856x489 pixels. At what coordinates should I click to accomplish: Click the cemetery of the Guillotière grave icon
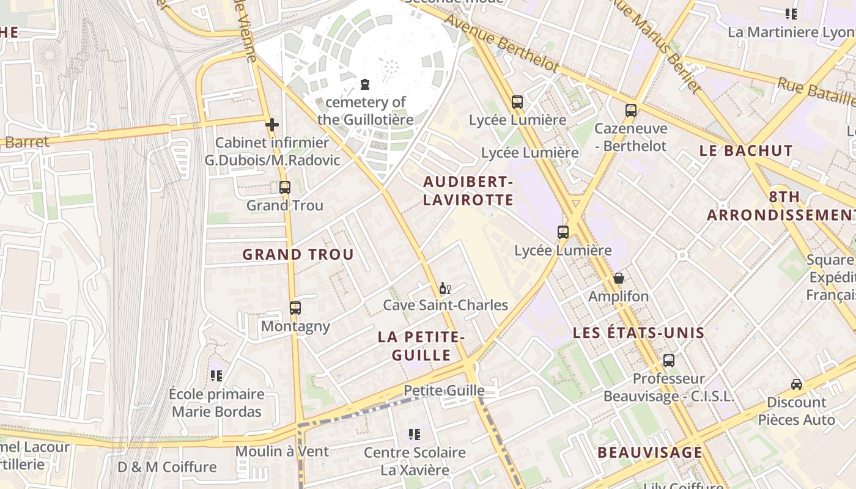365,84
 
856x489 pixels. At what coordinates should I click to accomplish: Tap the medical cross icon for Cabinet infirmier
272,125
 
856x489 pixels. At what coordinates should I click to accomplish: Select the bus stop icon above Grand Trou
285,188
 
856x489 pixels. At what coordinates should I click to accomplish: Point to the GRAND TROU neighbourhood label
298,254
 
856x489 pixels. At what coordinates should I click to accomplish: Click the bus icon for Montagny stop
295,308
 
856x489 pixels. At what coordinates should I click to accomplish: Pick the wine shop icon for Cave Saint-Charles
445,288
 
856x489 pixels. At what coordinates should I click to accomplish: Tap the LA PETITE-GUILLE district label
422,345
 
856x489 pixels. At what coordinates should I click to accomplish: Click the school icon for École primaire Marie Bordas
216,375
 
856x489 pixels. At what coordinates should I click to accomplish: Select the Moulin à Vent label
282,452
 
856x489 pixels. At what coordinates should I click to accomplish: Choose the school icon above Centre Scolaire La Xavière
415,435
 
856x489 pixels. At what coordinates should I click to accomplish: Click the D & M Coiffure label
167,467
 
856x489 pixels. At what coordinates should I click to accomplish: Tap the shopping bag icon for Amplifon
619,279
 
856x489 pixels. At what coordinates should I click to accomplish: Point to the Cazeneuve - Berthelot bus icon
631,111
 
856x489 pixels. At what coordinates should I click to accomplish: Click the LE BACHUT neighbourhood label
746,150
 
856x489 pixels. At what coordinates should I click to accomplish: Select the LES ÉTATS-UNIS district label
639,333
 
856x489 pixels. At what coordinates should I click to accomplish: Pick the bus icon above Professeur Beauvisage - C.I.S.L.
669,361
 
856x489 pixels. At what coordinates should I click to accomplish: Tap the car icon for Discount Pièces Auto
797,384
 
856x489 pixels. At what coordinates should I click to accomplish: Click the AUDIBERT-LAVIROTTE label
468,191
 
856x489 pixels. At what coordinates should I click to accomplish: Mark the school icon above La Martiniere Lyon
791,13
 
